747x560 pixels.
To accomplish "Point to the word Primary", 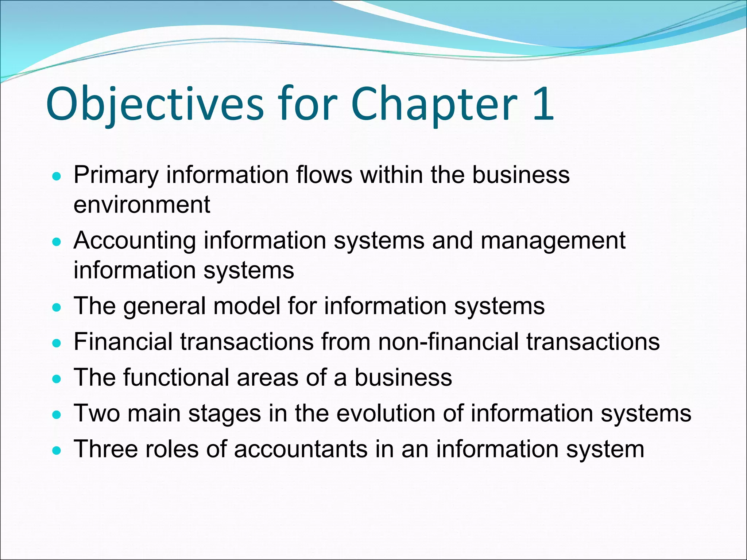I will pyautogui.click(x=116, y=175).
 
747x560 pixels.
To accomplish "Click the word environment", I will pyautogui.click(x=142, y=205).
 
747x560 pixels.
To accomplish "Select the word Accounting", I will pyautogui.click(x=135, y=241).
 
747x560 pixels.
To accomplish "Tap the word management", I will pyautogui.click(x=553, y=241).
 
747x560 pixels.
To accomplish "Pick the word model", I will pyautogui.click(x=246, y=306).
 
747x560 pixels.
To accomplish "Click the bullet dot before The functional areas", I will pyautogui.click(x=57, y=380).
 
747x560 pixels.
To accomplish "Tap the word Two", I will pyautogui.click(x=97, y=413).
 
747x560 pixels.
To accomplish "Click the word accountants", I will pyautogui.click(x=301, y=449).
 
